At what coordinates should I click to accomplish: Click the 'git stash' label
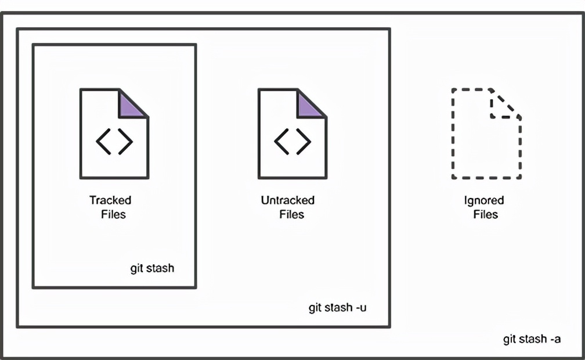(152, 268)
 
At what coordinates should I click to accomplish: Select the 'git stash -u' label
(337, 308)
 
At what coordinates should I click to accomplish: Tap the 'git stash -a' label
(532, 339)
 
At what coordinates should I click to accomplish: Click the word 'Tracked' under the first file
(110, 200)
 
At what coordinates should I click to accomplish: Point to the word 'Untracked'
(287, 200)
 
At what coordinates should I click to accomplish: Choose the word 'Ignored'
(484, 200)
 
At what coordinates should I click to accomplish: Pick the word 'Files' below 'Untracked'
(291, 214)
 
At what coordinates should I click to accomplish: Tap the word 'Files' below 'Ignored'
(485, 214)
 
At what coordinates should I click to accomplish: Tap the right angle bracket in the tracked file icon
(126, 142)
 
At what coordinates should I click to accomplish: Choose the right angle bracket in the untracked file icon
(304, 142)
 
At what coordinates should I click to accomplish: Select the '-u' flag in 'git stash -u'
(360, 308)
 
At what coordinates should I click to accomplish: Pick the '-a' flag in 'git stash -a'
(554, 339)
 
